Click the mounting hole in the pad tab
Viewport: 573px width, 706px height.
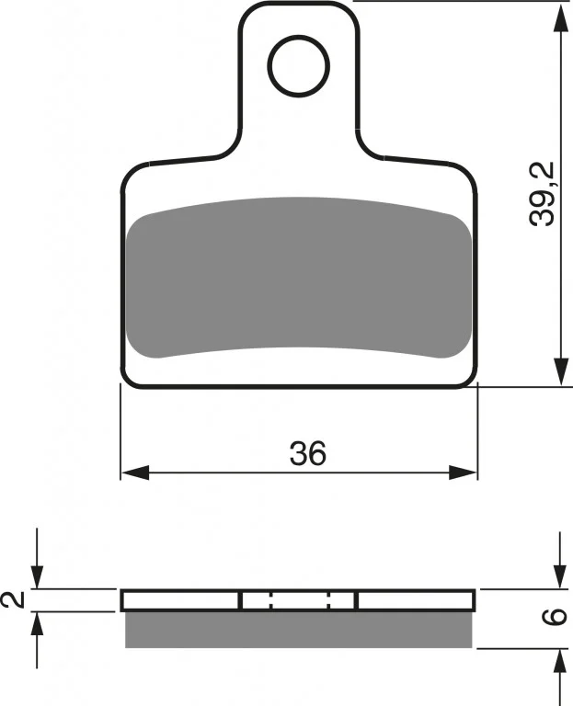pyautogui.click(x=298, y=66)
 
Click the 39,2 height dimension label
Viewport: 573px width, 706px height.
pyautogui.click(x=542, y=194)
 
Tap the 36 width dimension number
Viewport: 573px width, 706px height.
pyautogui.click(x=308, y=453)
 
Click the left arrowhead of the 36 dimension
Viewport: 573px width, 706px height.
pyautogui.click(x=135, y=473)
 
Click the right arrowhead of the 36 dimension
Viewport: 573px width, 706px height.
pyautogui.click(x=463, y=473)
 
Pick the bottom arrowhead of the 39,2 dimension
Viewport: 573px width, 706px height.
pyautogui.click(x=561, y=371)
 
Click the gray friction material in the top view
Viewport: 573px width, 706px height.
pyautogui.click(x=299, y=278)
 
